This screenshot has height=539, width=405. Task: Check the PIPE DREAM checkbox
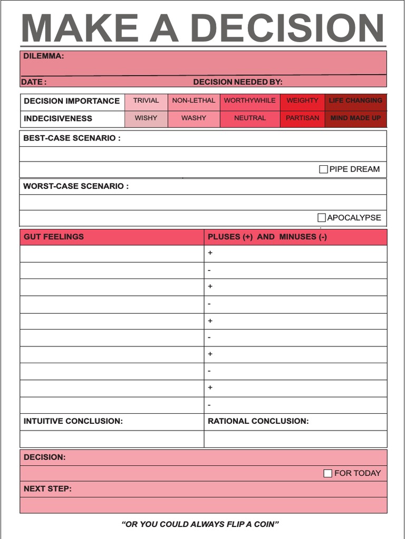coord(323,169)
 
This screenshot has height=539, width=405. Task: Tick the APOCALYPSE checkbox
coord(321,217)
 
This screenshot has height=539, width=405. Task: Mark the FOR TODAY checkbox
coord(327,473)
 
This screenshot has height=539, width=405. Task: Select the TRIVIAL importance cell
coord(146,101)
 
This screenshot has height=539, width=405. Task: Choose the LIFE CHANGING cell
coord(355,101)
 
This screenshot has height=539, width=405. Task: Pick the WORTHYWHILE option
coord(249,101)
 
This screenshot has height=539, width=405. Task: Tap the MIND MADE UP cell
coord(355,118)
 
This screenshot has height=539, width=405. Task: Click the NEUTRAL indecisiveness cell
coord(249,118)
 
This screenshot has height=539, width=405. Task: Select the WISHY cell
coord(146,118)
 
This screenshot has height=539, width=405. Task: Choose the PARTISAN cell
coord(302,118)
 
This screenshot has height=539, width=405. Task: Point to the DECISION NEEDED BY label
coord(238,82)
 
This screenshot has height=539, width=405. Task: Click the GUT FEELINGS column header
coord(54,237)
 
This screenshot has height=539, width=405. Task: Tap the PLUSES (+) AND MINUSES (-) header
coord(267,237)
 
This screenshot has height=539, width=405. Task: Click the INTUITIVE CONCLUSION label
coord(73,421)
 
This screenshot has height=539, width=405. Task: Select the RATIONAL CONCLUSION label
coord(258,421)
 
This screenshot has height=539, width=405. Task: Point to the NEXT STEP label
coord(47,489)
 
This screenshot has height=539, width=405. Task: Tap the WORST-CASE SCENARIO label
coord(76,186)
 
